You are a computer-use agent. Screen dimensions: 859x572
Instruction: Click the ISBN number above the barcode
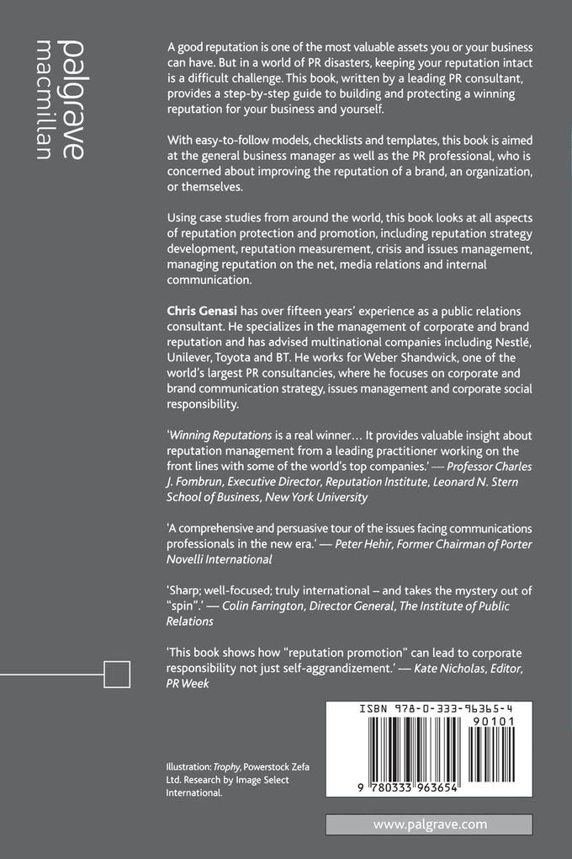tap(430, 709)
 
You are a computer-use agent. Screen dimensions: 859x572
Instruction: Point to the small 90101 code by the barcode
tap(496, 723)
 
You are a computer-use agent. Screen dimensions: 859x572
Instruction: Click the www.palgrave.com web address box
tap(429, 824)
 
